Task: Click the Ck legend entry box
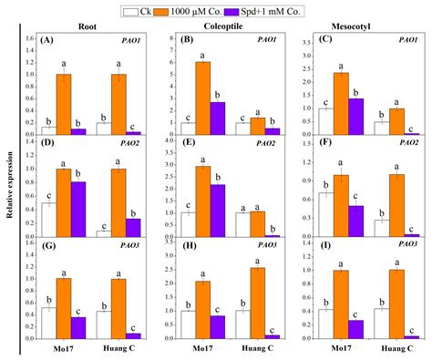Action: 131,9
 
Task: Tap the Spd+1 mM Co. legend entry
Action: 273,9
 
